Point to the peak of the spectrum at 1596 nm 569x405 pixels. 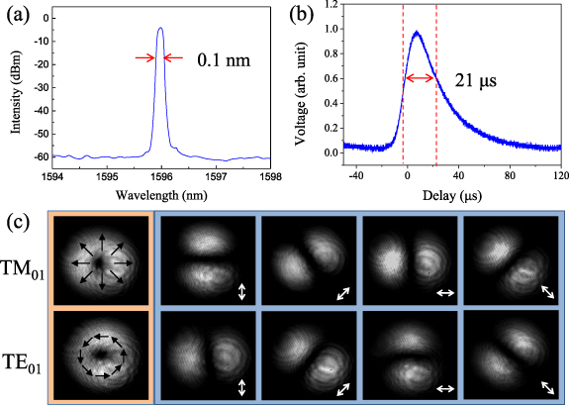point(160,29)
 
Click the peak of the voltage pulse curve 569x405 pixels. point(417,33)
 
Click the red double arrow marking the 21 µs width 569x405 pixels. point(420,77)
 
